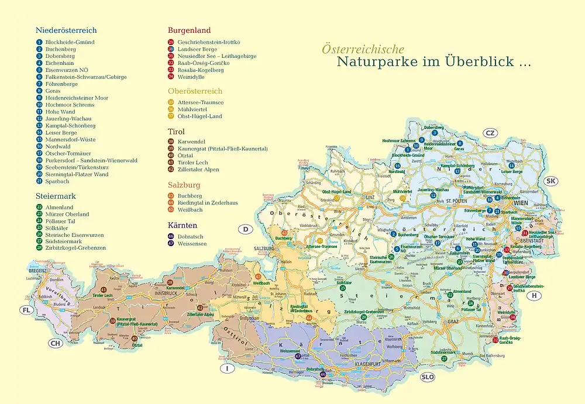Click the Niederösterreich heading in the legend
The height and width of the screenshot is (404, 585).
pyautogui.click(x=66, y=30)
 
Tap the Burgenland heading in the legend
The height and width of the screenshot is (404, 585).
pyautogui.click(x=189, y=30)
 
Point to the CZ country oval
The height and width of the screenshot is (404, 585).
pyautogui.click(x=490, y=133)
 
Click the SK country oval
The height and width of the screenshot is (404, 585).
pyautogui.click(x=550, y=181)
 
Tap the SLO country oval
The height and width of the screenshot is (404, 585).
pyautogui.click(x=428, y=377)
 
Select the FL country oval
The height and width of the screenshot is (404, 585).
pyautogui.click(x=26, y=310)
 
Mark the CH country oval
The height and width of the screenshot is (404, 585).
pyautogui.click(x=55, y=343)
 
